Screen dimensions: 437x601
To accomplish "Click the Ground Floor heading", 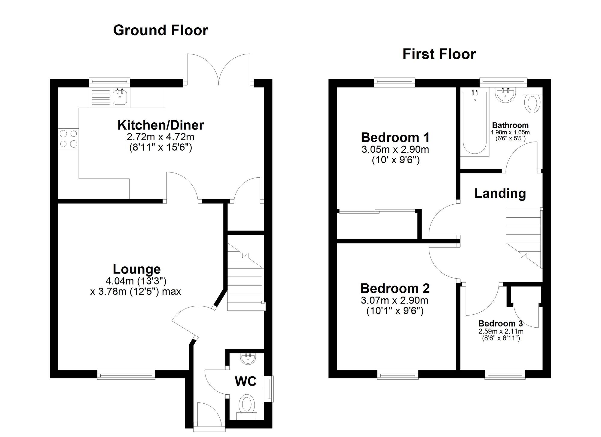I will (x=160, y=30).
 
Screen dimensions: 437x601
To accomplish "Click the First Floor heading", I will (x=439, y=54).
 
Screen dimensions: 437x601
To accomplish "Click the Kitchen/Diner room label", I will (x=160, y=125).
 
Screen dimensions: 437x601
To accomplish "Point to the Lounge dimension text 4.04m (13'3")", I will (x=136, y=281).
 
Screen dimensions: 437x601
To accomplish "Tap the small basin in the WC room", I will (x=248, y=359).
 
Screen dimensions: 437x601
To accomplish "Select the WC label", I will (x=246, y=381).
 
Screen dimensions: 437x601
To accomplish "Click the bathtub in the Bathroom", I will (x=474, y=123).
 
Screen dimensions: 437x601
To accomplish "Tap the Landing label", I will (x=500, y=193).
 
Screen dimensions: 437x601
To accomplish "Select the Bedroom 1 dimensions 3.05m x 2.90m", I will (x=395, y=149).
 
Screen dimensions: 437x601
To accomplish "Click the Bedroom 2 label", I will (x=395, y=288).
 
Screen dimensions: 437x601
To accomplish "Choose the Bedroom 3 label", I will (x=500, y=323).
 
